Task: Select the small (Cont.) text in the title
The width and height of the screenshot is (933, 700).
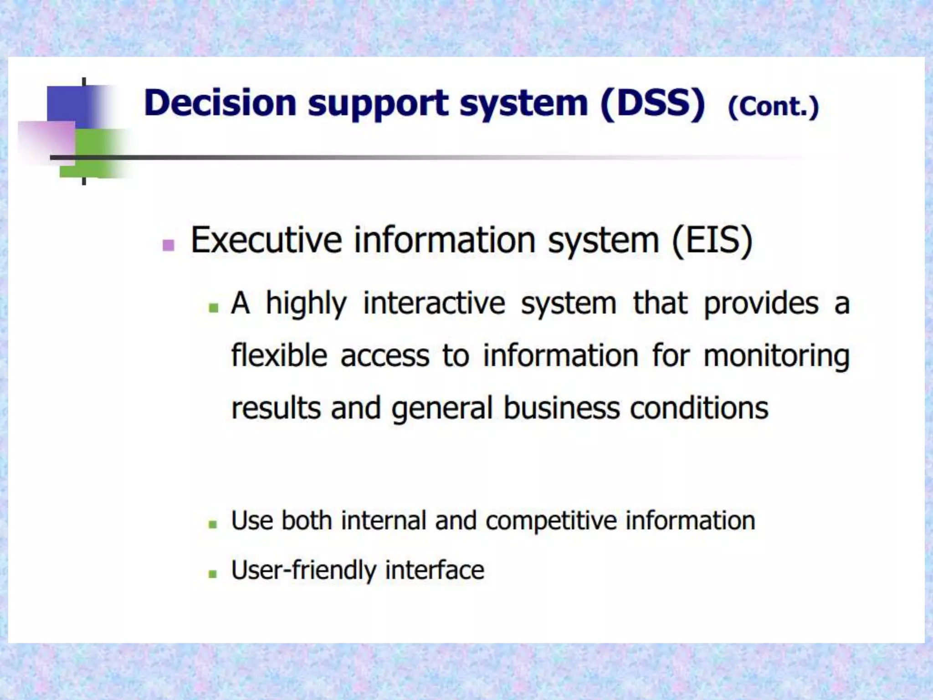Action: point(773,107)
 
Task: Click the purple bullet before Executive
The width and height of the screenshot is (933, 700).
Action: point(168,245)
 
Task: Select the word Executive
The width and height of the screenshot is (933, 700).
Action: point(266,240)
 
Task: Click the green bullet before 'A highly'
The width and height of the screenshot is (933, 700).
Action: point(213,308)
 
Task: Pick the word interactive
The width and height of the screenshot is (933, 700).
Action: point(434,303)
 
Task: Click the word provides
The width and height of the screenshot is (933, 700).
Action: point(761,303)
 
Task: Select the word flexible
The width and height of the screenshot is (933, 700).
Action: point(279,355)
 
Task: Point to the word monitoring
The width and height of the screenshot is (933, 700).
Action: point(776,356)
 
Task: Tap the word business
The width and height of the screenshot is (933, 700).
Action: point(561,408)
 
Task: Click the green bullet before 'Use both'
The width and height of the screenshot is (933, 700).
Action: point(212,525)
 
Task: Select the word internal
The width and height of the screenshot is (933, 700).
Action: point(383,520)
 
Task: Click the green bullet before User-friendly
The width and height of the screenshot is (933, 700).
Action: point(212,574)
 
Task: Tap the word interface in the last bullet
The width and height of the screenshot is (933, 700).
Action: point(434,570)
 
